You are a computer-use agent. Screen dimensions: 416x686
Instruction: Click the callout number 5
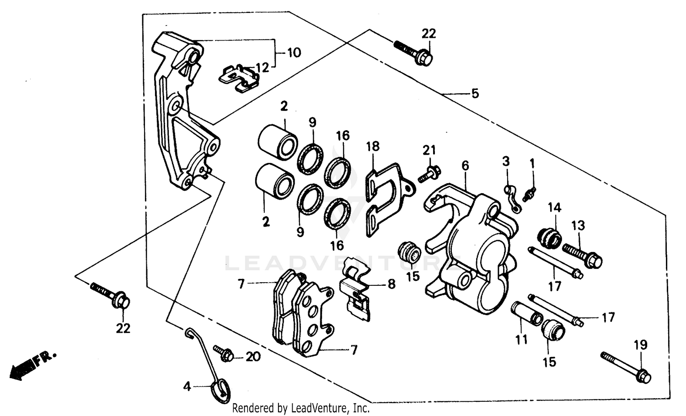[x=475, y=94]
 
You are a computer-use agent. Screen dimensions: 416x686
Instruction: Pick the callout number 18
[x=373, y=147]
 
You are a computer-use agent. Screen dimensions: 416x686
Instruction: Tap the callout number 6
[x=465, y=166]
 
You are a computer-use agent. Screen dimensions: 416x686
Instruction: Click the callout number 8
[x=391, y=284]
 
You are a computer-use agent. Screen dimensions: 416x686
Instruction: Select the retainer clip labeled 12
[x=239, y=78]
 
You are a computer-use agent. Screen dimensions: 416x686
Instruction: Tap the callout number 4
[x=187, y=387]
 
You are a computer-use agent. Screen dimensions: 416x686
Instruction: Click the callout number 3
[x=506, y=161]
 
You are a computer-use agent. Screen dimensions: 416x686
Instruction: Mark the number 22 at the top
[x=429, y=33]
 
